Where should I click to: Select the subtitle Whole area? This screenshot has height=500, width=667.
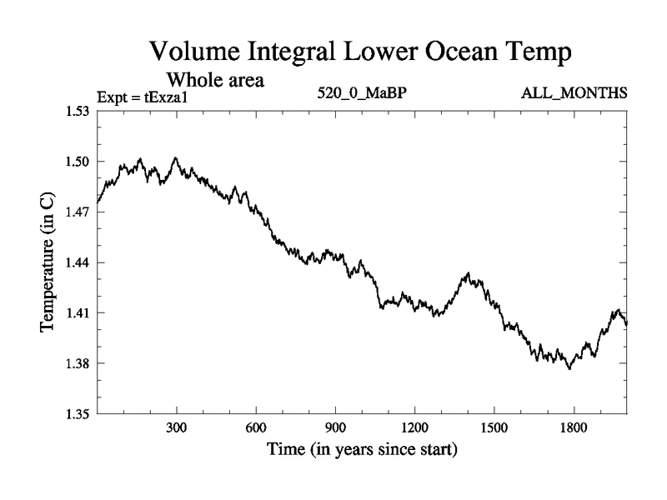click(x=216, y=80)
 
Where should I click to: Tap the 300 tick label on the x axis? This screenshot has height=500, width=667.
click(x=177, y=428)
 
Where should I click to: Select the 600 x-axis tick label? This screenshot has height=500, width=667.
click(x=256, y=428)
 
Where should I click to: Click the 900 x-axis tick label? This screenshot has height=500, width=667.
click(x=335, y=428)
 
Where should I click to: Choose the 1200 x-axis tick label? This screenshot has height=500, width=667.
click(x=414, y=428)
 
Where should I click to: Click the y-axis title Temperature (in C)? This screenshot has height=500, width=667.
click(x=48, y=262)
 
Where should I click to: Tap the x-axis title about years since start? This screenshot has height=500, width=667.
click(x=362, y=451)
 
